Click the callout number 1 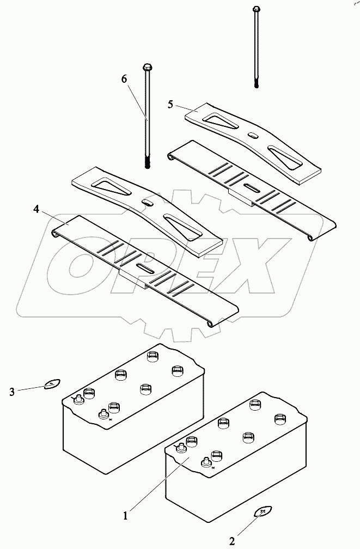coord(126,514)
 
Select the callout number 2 coord(232,541)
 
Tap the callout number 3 coord(12,391)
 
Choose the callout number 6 coord(124,80)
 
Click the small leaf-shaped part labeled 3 coord(51,385)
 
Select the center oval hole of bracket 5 coord(253,135)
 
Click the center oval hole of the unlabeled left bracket coord(147,202)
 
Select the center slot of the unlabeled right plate coord(252,188)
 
